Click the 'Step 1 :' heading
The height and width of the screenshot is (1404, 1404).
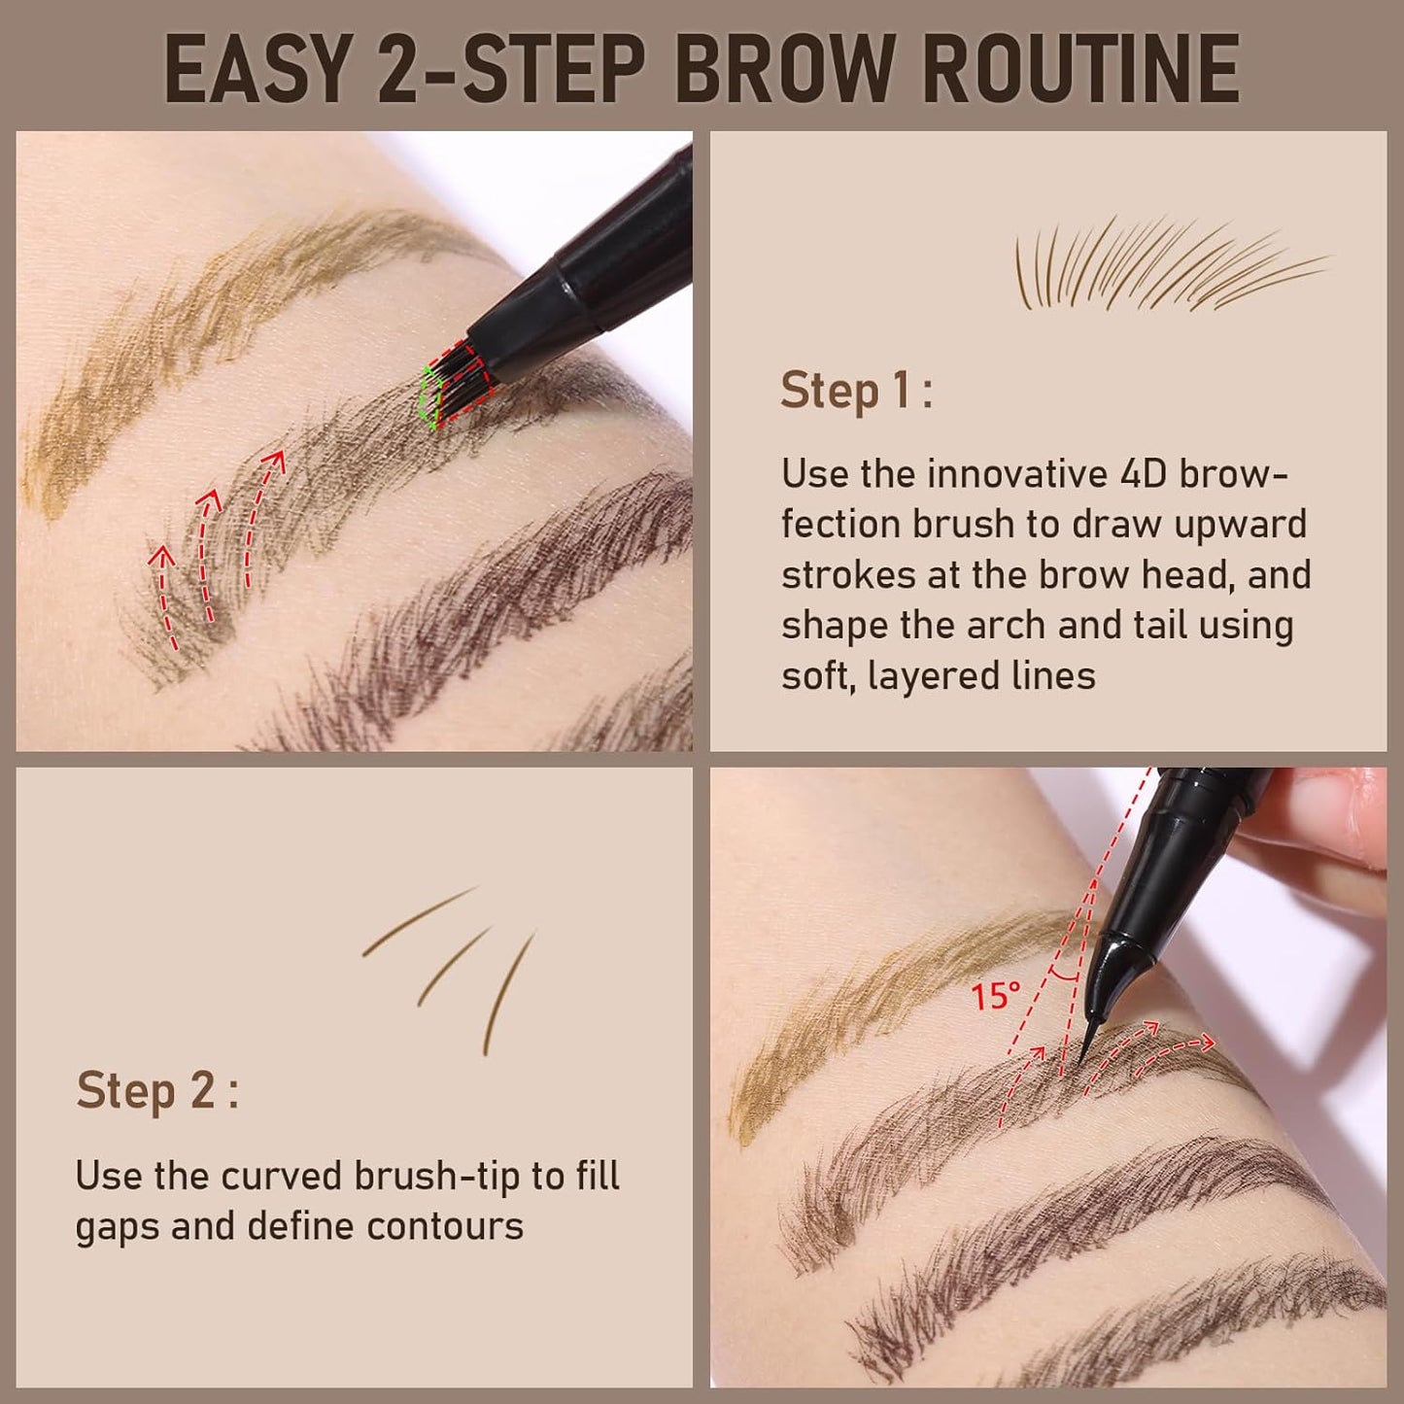tap(855, 391)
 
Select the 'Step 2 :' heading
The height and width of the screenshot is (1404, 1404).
tap(156, 1090)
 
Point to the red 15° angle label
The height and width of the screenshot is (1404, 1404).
tap(995, 996)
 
